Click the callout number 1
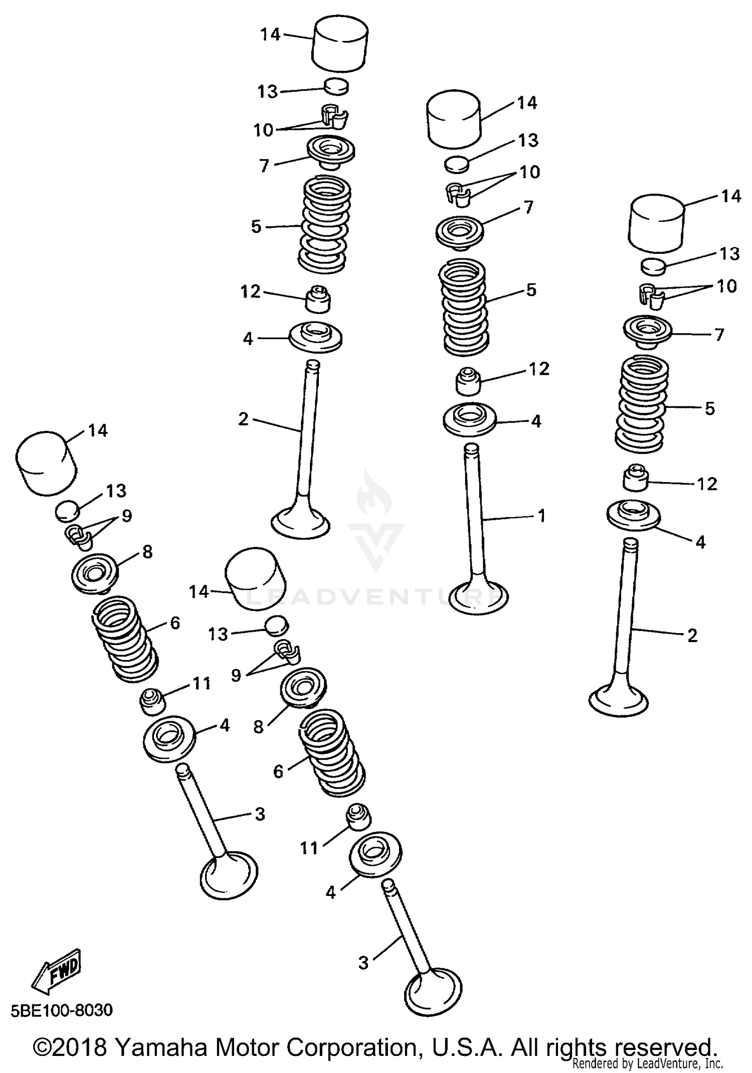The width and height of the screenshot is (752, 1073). (x=541, y=516)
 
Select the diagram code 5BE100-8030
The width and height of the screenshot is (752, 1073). (x=62, y=1010)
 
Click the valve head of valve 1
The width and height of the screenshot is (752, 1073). (x=478, y=597)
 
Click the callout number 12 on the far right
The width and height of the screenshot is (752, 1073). (x=707, y=484)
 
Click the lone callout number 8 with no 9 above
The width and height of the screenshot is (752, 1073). (x=258, y=726)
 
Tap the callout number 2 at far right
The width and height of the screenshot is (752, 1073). (x=692, y=636)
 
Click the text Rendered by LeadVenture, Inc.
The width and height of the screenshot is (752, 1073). (x=647, y=1063)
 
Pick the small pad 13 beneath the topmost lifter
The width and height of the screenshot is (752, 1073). (x=336, y=86)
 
